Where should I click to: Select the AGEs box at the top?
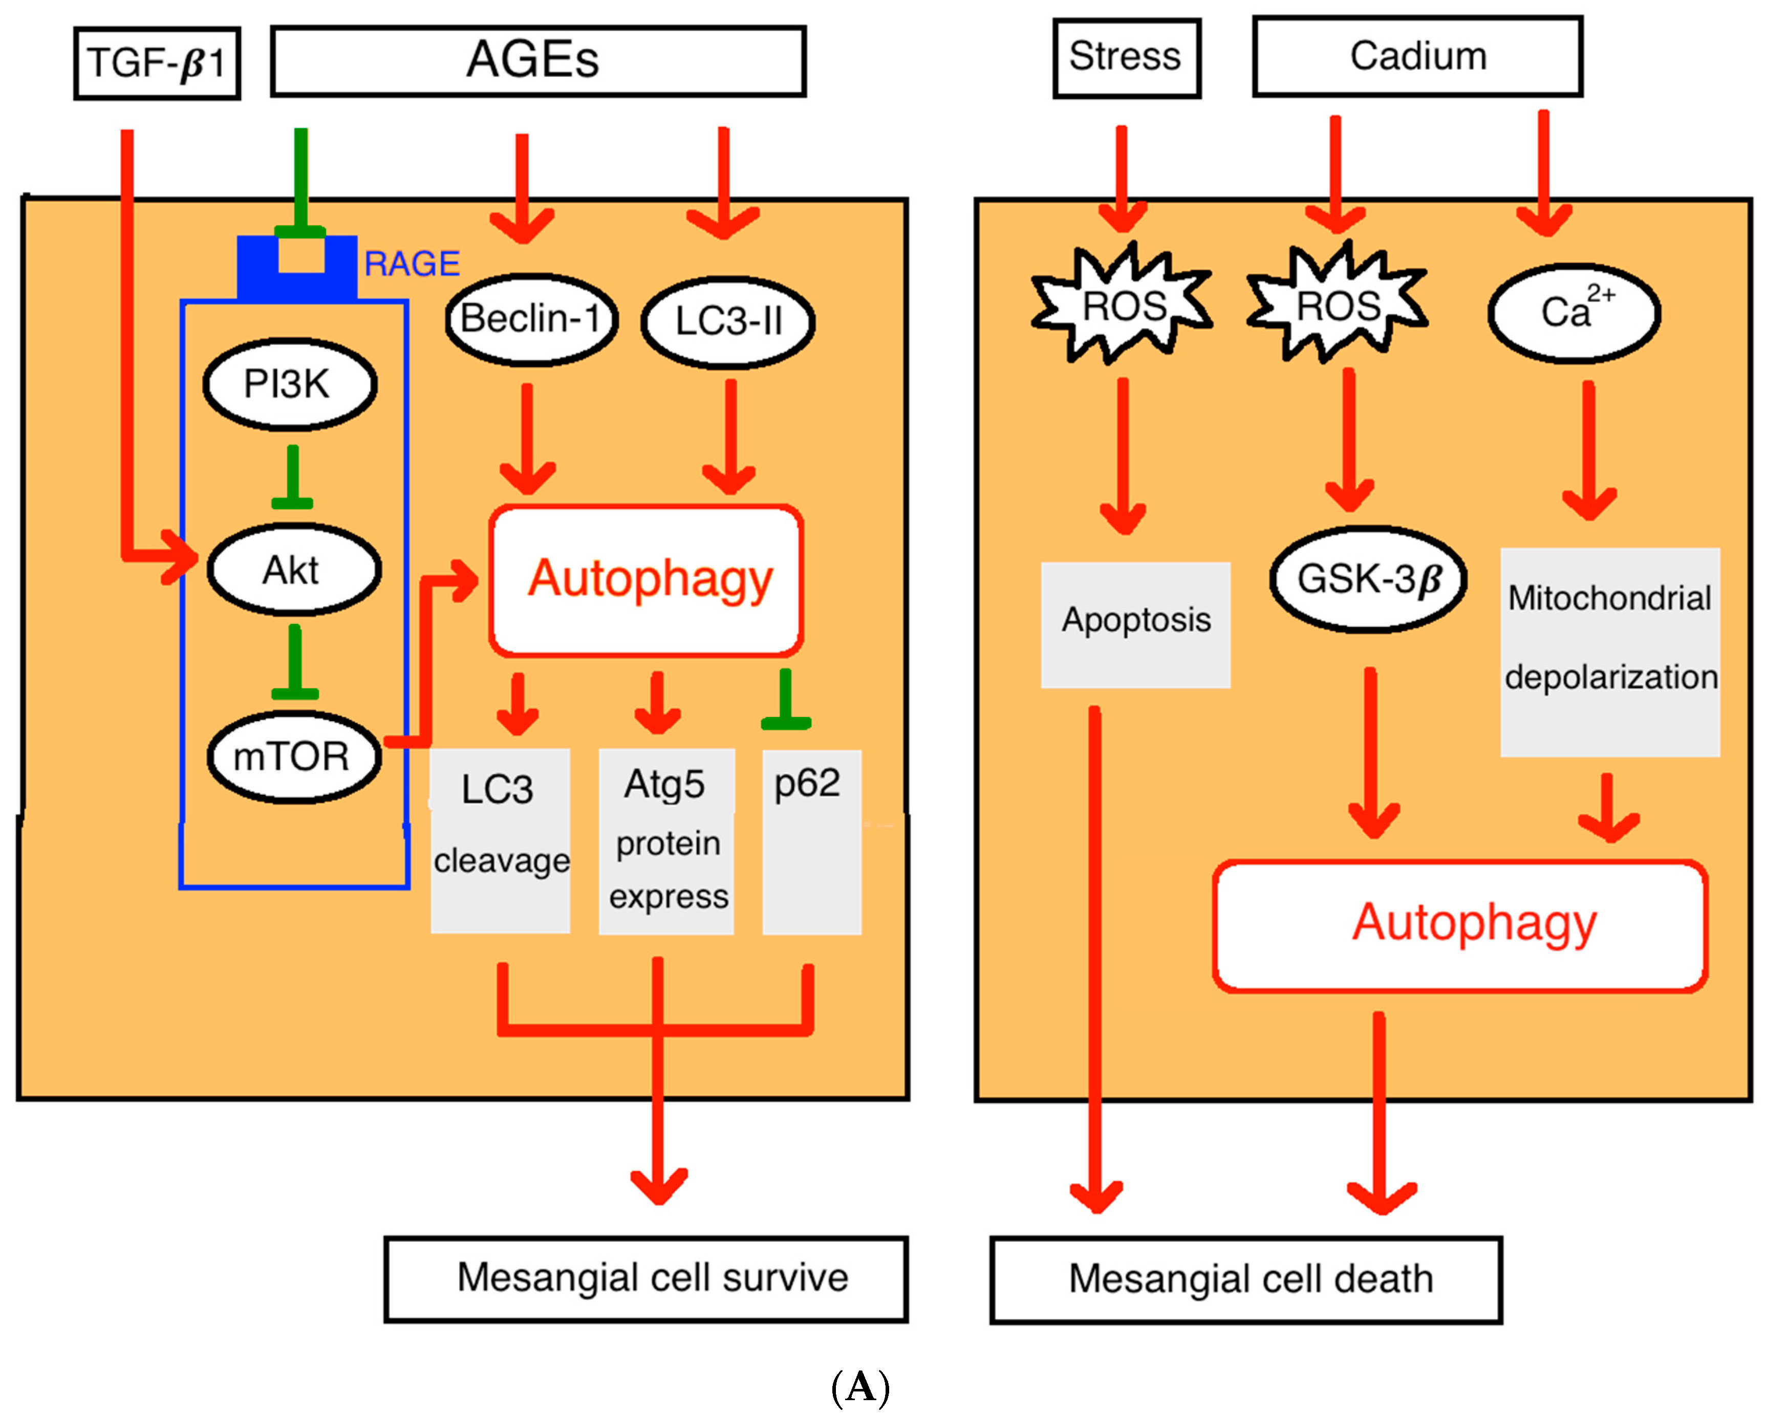538,60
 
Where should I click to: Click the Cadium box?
1416,56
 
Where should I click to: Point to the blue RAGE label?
412,264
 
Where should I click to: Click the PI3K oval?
289,384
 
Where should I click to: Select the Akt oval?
293,570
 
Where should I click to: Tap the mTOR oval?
293,756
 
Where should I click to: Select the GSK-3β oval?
1367,579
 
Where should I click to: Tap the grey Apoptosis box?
1135,624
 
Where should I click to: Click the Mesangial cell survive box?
646,1277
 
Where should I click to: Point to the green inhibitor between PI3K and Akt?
292,479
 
